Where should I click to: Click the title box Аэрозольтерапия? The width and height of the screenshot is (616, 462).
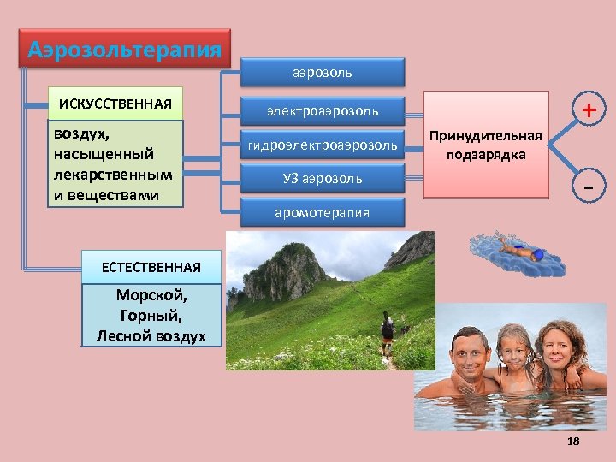tap(125, 50)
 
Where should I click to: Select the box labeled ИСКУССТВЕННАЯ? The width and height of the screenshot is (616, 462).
tap(115, 104)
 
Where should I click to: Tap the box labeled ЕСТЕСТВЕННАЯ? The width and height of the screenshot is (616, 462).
tap(151, 267)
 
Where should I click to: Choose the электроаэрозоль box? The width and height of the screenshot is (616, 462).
tap(322, 111)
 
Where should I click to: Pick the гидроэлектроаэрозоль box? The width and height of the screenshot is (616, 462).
tap(322, 145)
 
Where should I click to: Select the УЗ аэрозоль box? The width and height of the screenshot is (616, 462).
tap(322, 179)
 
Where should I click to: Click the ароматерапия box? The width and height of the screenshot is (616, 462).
tap(322, 212)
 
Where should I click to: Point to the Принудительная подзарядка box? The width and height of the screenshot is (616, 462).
tap(486, 145)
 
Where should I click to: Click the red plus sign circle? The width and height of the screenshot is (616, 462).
tap(589, 110)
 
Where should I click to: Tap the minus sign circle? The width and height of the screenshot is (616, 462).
tap(589, 186)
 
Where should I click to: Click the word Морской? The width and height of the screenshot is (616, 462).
tap(151, 296)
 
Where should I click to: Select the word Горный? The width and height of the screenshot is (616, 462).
tap(151, 316)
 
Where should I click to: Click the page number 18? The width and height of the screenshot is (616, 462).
tap(573, 441)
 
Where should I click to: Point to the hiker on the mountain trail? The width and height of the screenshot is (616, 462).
tap(388, 334)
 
